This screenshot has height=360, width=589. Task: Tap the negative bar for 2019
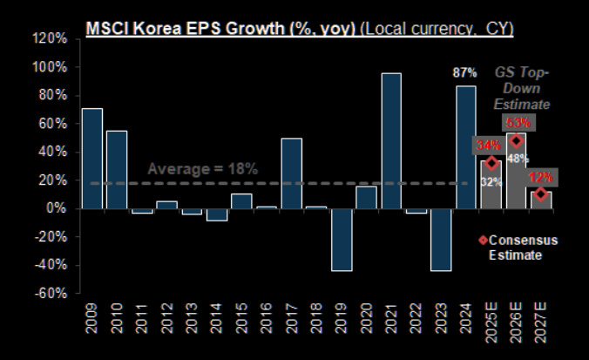click(x=342, y=240)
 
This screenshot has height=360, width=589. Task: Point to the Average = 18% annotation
click(x=202, y=169)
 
